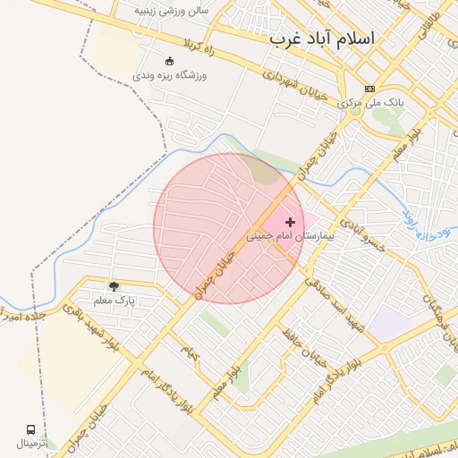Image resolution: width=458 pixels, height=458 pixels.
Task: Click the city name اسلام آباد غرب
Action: [x=323, y=40]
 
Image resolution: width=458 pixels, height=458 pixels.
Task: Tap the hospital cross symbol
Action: [x=290, y=221]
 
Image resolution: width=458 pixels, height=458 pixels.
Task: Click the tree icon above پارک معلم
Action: [x=114, y=285]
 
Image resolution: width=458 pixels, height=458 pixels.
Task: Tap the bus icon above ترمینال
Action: [x=32, y=430]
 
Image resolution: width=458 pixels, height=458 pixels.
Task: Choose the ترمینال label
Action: [x=36, y=444]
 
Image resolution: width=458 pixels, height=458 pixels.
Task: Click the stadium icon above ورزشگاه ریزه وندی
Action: [x=169, y=61]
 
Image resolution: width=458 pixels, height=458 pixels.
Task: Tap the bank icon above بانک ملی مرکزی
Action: [x=369, y=89]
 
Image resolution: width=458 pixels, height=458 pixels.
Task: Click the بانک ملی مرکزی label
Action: [x=371, y=104]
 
